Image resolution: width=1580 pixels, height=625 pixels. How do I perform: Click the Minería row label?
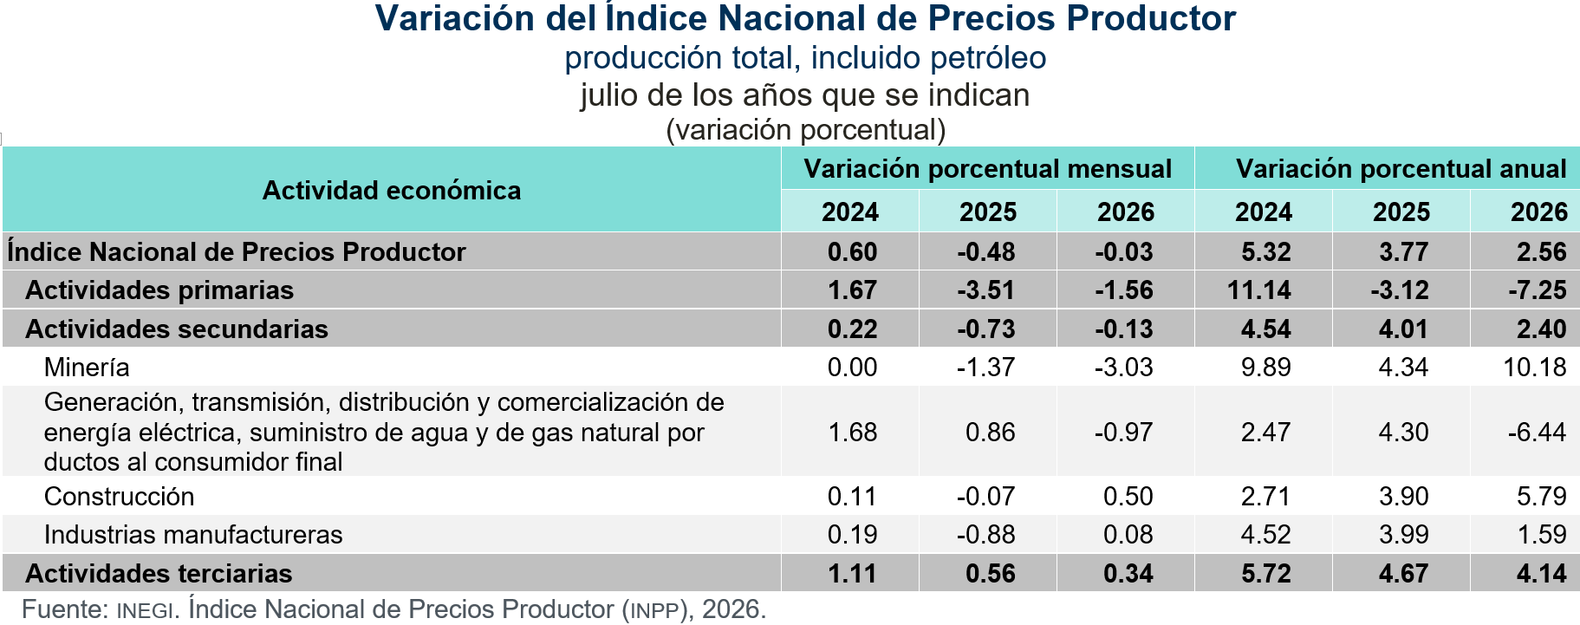[x=87, y=367]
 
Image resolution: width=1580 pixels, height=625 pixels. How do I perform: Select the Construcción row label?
[x=119, y=496]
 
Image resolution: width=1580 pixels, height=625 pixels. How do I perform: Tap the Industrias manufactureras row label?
[x=193, y=534]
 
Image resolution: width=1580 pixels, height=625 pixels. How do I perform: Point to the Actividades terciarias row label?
[x=159, y=573]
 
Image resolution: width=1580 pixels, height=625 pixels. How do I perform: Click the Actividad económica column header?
[x=392, y=190]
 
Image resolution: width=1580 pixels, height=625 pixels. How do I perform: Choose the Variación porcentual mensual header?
[x=988, y=168]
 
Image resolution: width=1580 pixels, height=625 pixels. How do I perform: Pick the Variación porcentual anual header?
[x=1401, y=168]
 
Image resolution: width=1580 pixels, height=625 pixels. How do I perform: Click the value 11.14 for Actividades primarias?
[x=1259, y=290]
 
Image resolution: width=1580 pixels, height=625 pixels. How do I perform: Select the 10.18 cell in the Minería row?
[x=1535, y=367]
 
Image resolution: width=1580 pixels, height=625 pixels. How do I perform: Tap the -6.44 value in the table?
[x=1538, y=432]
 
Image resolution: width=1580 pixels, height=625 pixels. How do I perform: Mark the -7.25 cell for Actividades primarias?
[x=1538, y=290]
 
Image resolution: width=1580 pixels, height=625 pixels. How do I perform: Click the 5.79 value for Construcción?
[x=1542, y=496]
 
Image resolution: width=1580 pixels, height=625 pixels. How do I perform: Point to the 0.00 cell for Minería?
[x=853, y=367]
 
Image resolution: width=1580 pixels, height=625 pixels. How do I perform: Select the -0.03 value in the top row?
[x=1124, y=251]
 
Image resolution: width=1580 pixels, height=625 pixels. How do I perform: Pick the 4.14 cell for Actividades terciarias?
[x=1542, y=573]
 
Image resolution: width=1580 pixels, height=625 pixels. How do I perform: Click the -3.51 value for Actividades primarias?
[x=986, y=290]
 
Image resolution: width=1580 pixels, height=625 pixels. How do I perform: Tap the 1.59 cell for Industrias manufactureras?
[x=1542, y=534]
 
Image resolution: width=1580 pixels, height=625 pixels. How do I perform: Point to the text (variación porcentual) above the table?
[x=806, y=129]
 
